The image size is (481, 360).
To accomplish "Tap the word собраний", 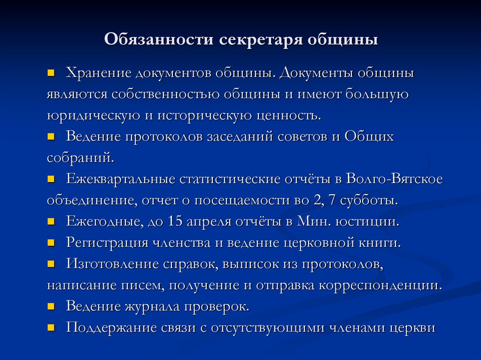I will pos(80,158).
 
